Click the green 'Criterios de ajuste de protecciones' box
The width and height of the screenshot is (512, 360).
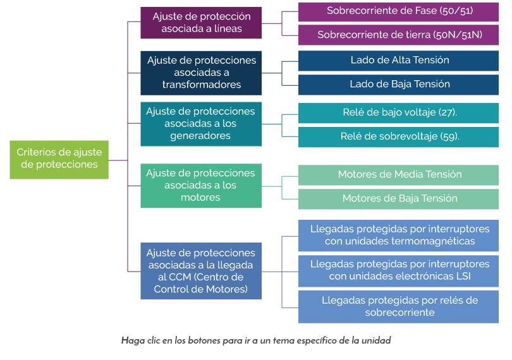tap(59, 159)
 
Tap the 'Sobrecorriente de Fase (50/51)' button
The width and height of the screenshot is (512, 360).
tap(399, 11)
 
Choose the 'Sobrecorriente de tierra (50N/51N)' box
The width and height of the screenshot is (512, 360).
tap(399, 35)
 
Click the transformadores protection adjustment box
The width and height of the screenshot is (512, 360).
tap(201, 73)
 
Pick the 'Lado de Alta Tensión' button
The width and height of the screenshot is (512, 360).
tap(399, 61)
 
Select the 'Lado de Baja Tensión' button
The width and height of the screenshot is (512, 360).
tap(399, 85)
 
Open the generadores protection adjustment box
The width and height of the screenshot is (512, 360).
tap(201, 123)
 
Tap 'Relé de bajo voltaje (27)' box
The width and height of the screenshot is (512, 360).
tap(399, 112)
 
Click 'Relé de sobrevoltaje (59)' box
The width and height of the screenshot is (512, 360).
tap(399, 136)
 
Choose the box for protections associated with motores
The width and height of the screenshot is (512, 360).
tap(201, 185)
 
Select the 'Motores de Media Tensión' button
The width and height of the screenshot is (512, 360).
tap(399, 174)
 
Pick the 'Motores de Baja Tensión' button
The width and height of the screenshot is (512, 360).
tap(399, 198)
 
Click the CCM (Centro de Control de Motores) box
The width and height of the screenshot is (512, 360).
tap(201, 270)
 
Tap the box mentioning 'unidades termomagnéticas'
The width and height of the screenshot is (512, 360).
tap(399, 235)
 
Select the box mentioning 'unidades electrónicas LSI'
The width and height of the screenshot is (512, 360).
tap(399, 270)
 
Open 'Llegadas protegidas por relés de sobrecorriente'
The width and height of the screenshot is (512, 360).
tap(399, 306)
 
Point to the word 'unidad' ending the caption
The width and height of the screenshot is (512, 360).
tap(377, 340)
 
